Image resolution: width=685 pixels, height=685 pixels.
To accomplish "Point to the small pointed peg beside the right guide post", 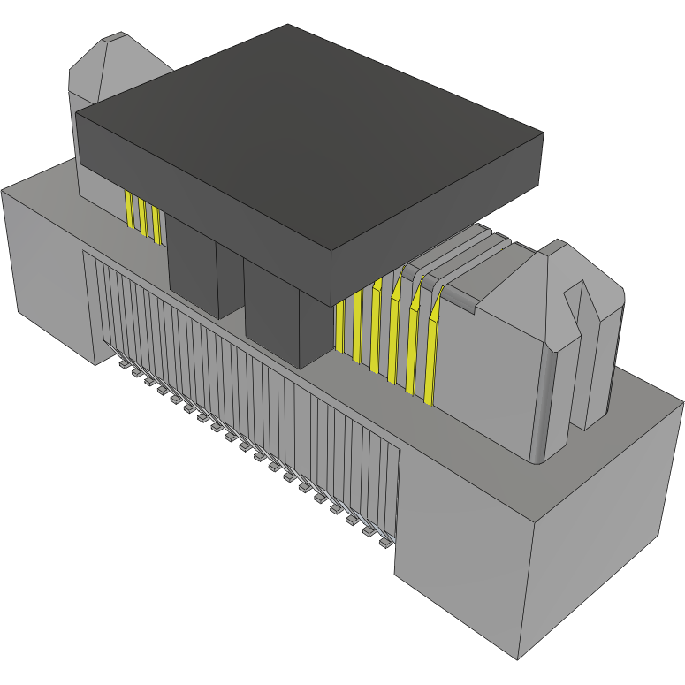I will [x=594, y=354].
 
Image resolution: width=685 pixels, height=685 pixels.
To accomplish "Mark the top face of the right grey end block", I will [x=601, y=442].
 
